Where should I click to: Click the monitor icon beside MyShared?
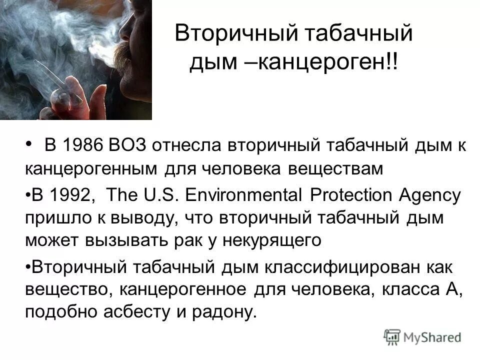(x=392, y=336)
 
